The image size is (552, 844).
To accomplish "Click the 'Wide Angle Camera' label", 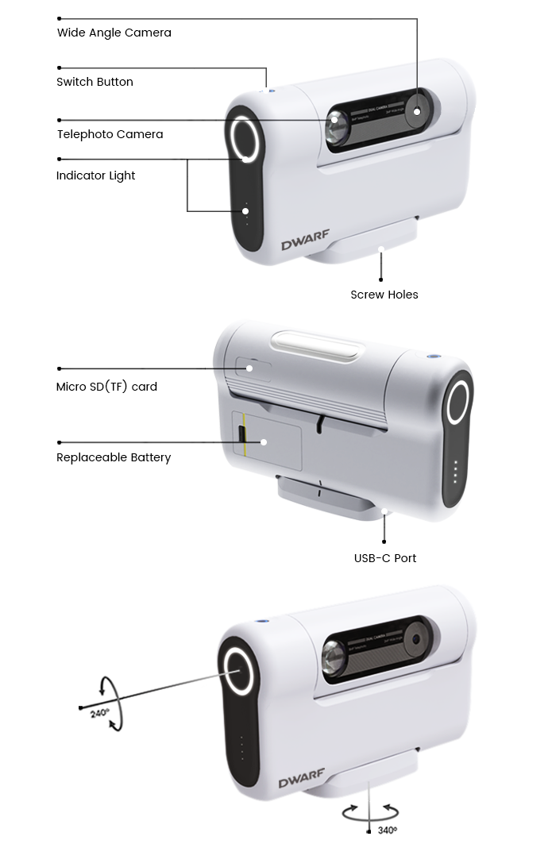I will click(x=114, y=33).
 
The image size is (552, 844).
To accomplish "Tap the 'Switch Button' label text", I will click(x=95, y=82).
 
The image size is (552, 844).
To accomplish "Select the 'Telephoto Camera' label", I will click(x=110, y=134).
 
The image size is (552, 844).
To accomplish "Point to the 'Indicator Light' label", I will click(x=95, y=175).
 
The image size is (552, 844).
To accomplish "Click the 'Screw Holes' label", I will click(x=384, y=295).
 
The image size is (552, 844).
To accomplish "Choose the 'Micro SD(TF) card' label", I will click(x=106, y=387).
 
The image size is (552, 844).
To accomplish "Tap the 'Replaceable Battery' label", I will click(x=114, y=457).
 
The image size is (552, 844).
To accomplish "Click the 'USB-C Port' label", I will click(x=384, y=558).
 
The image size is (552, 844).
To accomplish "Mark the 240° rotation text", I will click(x=100, y=713).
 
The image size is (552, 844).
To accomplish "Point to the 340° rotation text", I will click(x=387, y=831).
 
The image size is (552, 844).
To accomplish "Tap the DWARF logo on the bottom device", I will click(x=302, y=782).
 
